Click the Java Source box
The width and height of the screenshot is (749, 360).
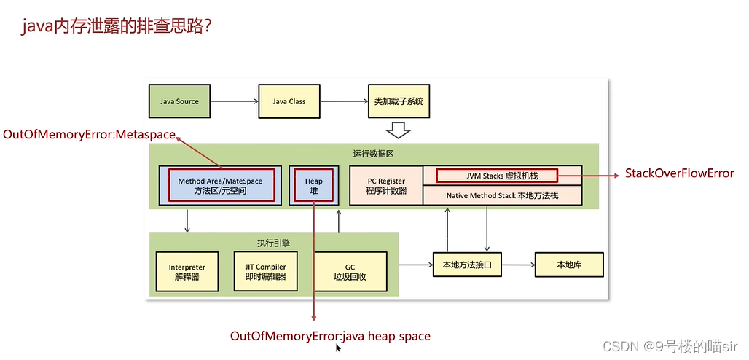coord(179,101)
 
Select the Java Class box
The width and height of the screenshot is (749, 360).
coord(289,101)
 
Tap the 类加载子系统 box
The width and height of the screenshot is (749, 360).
coord(398,101)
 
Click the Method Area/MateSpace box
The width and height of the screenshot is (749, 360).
coord(220,186)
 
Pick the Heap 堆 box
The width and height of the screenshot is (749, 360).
coord(313,186)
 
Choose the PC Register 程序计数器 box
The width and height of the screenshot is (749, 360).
coord(385,186)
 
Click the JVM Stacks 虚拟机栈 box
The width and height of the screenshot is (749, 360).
coord(496,176)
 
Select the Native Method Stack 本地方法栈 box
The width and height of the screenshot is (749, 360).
coord(503,195)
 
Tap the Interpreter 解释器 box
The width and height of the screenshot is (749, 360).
coord(187,272)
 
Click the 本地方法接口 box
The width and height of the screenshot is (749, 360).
coord(467,265)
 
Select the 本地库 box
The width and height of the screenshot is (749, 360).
coord(569,265)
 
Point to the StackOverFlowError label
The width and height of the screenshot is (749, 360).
coord(679,173)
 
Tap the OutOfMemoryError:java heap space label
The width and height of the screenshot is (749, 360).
coord(330,336)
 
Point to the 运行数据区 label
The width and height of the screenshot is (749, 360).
coord(374,154)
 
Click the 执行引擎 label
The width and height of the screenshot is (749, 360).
coord(274,242)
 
